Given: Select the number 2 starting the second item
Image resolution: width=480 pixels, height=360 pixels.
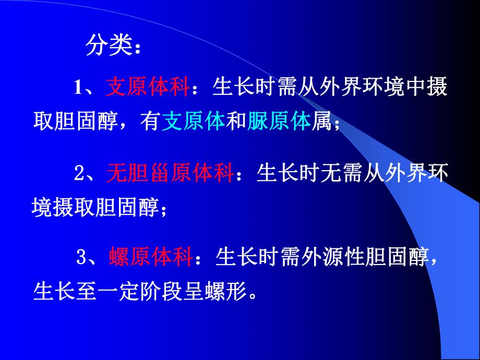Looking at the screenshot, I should pyautogui.click(x=79, y=174).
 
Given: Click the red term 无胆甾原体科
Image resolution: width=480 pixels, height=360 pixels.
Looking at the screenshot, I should pyautogui.click(x=170, y=173).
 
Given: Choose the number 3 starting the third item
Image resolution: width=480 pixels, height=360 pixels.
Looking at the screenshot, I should pyautogui.click(x=81, y=258).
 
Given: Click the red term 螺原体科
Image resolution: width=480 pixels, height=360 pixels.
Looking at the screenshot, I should pyautogui.click(x=151, y=257).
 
